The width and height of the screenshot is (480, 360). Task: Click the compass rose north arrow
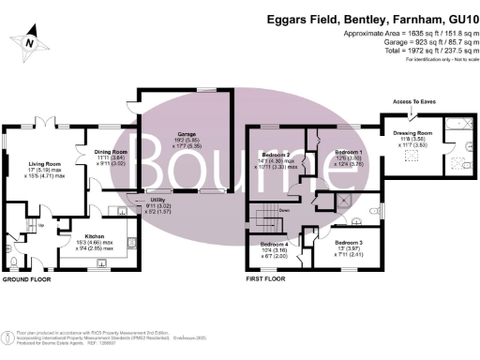click(x=31, y=40)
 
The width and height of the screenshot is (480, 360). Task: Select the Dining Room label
click(x=112, y=151)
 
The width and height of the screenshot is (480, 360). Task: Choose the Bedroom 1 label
click(x=349, y=152)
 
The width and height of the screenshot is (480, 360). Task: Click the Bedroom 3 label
click(x=349, y=241)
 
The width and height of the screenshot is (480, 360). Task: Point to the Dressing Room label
click(x=415, y=132)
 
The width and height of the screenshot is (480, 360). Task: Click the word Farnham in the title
click(x=389, y=19)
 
